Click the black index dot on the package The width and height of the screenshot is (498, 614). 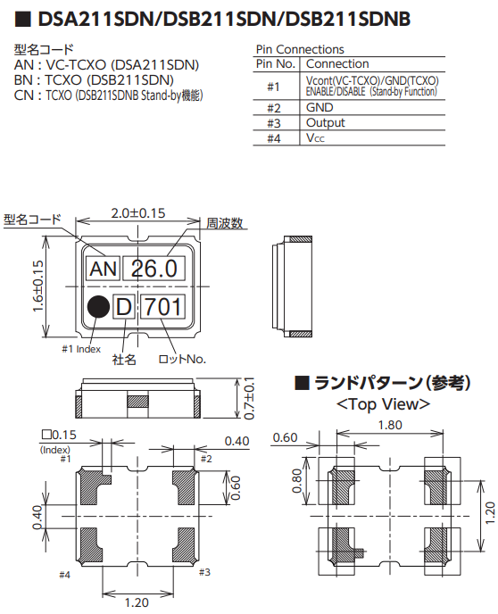(x=98, y=306)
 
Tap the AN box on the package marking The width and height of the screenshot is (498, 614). (x=104, y=269)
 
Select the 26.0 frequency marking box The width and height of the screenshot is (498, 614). (x=158, y=269)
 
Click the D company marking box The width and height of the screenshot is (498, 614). (x=124, y=307)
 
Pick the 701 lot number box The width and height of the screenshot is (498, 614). (x=163, y=307)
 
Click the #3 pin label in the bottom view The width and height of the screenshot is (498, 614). (x=203, y=571)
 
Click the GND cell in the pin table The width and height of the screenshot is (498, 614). (x=320, y=107)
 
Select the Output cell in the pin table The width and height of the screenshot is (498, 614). (x=325, y=122)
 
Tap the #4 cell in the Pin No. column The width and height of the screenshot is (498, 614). (x=273, y=137)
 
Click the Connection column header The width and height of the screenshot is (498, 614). (x=336, y=63)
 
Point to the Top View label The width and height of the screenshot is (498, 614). (x=383, y=404)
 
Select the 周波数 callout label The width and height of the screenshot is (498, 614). (x=225, y=223)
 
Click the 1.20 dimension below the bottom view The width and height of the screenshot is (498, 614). (x=136, y=603)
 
